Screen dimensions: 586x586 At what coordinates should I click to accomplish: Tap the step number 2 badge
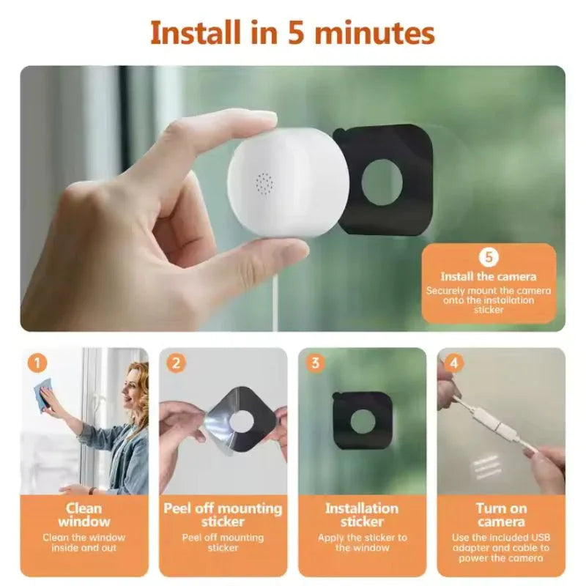pos(176,363)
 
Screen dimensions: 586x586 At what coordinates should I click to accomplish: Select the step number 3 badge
pos(315,363)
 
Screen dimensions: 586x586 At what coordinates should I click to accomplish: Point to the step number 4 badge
pos(454,363)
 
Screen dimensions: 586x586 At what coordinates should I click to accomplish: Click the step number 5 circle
pos(489,257)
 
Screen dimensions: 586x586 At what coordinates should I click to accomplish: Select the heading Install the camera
pos(489,277)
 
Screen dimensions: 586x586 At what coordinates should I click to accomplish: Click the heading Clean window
pos(84,514)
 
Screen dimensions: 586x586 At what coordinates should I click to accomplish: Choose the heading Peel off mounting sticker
pos(223,514)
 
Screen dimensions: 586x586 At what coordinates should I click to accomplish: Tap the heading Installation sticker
pos(362,514)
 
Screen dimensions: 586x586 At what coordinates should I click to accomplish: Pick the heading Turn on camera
pos(501,514)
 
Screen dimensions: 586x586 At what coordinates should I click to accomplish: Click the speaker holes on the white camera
pos(264,183)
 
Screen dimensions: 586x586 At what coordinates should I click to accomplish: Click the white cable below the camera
pos(276,293)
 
